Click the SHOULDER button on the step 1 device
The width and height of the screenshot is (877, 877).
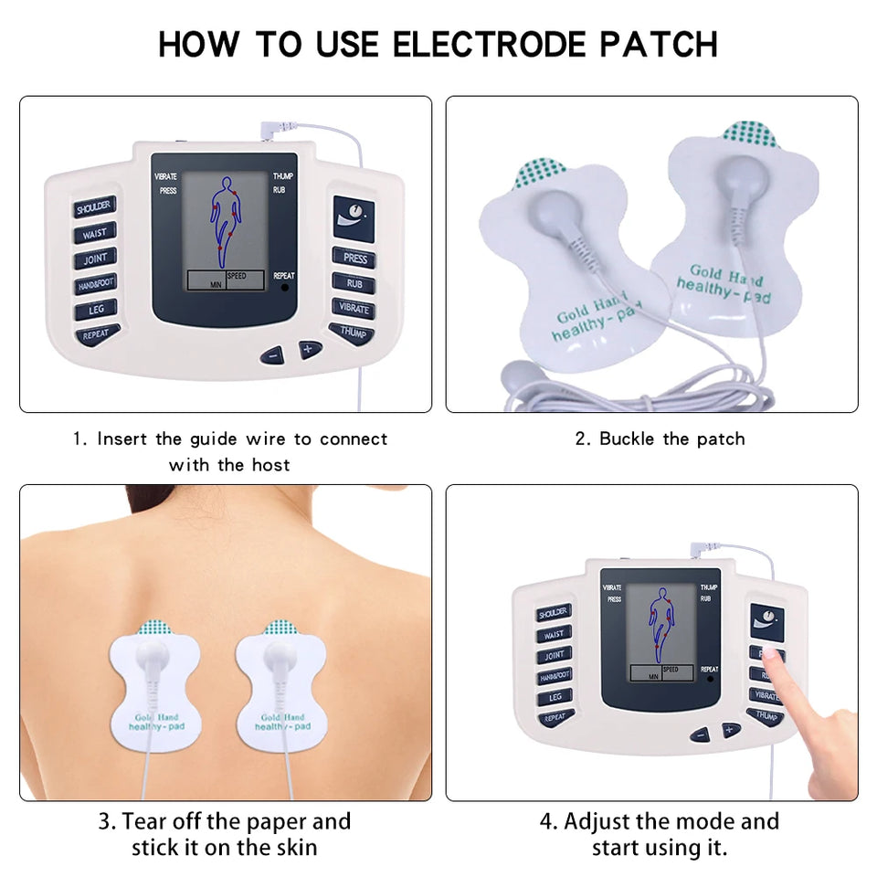94,207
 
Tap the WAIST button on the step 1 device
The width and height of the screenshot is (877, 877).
95,234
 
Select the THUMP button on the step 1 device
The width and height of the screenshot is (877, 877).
353,333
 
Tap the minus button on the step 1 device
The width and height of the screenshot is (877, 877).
272,354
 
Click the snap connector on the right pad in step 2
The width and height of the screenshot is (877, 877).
742,176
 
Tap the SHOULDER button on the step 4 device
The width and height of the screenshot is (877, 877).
554,613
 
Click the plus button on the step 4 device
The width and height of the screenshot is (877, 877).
730,729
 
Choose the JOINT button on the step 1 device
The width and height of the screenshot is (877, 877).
95,259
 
